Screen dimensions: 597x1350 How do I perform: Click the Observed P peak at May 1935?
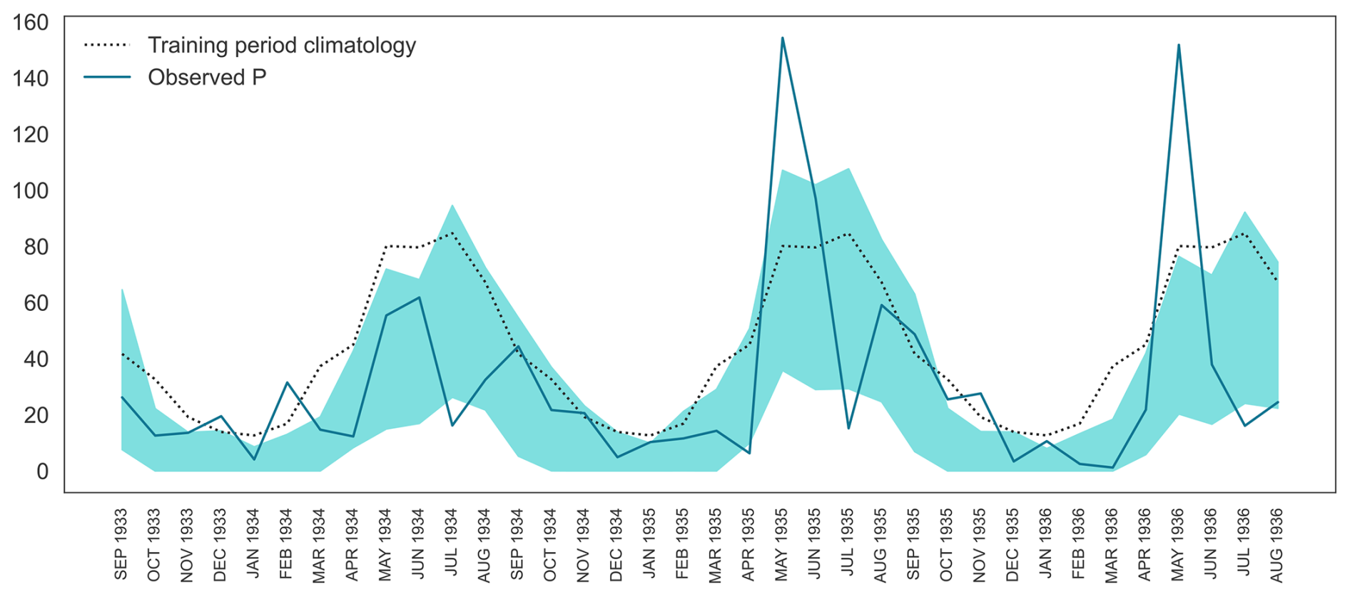(783, 38)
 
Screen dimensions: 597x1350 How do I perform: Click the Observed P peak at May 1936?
(1179, 45)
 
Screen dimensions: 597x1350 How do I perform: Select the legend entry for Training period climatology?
(281, 45)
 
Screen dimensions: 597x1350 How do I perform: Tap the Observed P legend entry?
(206, 77)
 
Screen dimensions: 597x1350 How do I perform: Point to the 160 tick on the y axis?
(31, 22)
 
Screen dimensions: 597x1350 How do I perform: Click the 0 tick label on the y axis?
(42, 471)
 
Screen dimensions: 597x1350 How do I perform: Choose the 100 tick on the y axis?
(31, 190)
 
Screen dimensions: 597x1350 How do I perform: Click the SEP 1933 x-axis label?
(121, 544)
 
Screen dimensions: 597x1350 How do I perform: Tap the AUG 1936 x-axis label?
(1277, 544)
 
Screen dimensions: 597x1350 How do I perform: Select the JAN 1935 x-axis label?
(649, 544)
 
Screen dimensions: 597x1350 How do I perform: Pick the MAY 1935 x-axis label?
(782, 544)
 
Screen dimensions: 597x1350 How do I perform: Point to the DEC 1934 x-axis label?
(616, 544)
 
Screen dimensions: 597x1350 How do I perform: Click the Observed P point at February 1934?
(287, 383)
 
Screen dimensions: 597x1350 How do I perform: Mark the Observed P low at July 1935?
(848, 429)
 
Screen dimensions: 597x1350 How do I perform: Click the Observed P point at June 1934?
(419, 297)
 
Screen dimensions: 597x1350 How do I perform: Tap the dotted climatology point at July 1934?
(452, 233)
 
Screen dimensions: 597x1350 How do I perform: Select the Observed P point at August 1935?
(882, 305)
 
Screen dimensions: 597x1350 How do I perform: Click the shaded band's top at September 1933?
(122, 289)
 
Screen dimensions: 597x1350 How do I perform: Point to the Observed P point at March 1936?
(1112, 468)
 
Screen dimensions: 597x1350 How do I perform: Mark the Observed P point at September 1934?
(518, 347)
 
